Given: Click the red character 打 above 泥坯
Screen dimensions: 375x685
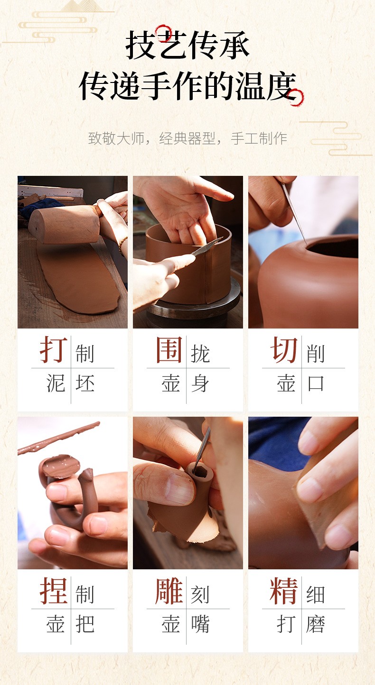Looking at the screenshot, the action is click(54, 349).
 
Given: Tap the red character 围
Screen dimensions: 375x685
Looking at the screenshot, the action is click(169, 349).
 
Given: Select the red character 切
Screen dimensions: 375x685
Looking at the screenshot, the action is click(284, 349).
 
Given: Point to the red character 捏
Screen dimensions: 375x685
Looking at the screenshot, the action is click(54, 591).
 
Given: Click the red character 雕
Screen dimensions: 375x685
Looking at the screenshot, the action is click(169, 591).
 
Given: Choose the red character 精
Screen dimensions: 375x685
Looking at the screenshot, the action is click(284, 591).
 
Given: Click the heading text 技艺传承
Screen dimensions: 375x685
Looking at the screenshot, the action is click(187, 45).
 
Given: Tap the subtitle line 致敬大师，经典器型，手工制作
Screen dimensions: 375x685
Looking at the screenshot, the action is click(187, 138).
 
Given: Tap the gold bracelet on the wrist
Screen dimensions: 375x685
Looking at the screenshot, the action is click(122, 246).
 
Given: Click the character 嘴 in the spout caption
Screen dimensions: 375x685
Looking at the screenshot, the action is click(200, 624).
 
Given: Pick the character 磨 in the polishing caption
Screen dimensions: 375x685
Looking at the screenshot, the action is click(316, 624).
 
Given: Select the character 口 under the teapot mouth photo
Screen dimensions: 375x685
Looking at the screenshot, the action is click(316, 383).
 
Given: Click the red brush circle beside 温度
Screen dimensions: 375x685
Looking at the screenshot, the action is click(296, 98).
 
